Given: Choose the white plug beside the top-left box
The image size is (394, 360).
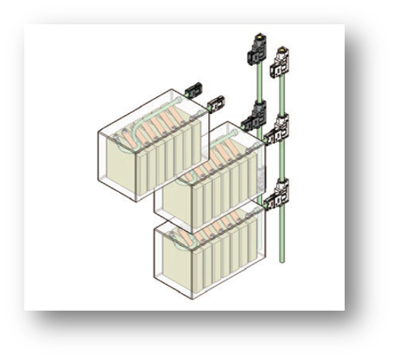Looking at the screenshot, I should pyautogui.click(x=217, y=102).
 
